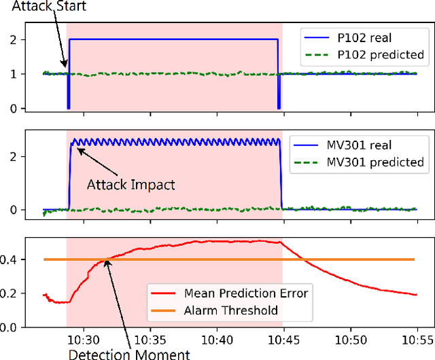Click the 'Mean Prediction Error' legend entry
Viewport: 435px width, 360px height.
click(246, 293)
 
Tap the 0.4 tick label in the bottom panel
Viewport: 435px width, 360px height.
click(10, 259)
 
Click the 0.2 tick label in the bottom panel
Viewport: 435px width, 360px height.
click(10, 293)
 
